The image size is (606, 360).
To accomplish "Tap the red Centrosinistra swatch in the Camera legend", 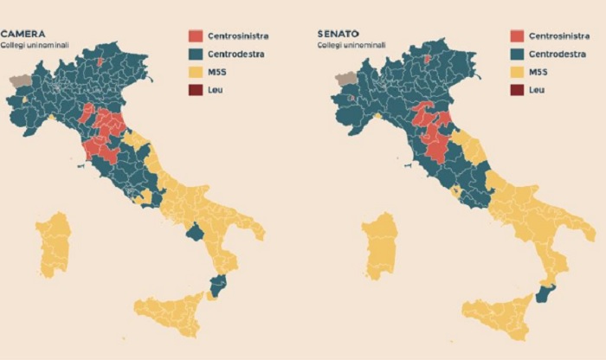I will point(196,36).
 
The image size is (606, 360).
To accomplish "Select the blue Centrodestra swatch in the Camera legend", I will point(196,54).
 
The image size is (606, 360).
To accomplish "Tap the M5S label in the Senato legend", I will point(540,72).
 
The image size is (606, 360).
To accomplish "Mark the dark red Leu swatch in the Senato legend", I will point(517,89).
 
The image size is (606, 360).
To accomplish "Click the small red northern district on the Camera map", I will point(100,62).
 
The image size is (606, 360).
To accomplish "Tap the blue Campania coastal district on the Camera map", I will point(196,232).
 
